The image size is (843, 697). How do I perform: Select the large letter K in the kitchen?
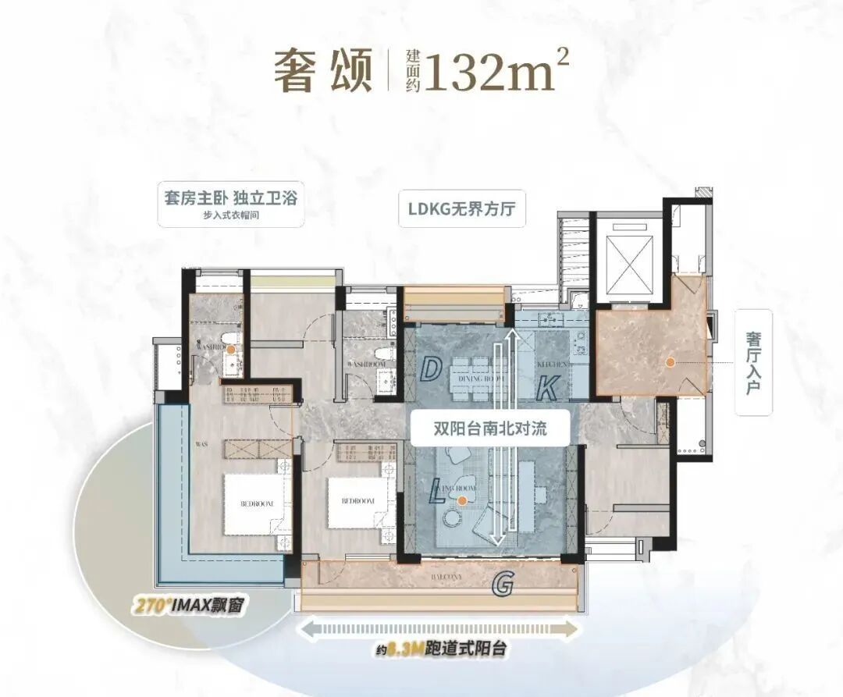pyautogui.click(x=550, y=386)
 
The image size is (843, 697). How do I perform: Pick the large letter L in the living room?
pyautogui.click(x=438, y=493)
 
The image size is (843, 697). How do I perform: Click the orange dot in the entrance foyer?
pyautogui.click(x=670, y=361)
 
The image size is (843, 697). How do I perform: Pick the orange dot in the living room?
pyautogui.click(x=463, y=500)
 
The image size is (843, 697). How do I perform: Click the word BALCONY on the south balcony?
pyautogui.click(x=429, y=577)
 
